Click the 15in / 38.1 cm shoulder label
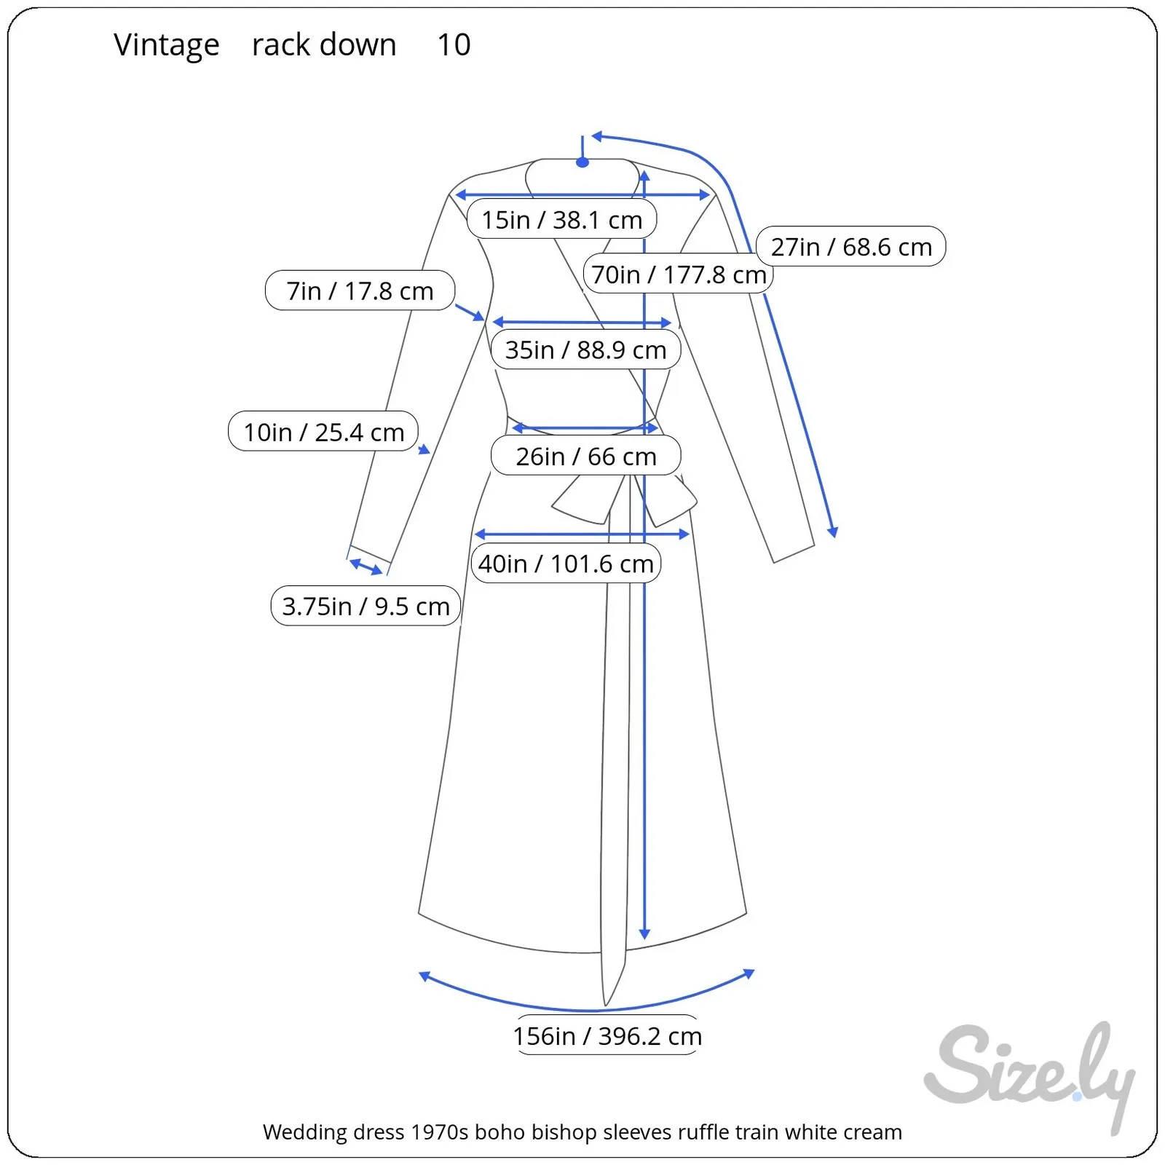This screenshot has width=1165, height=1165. point(561,219)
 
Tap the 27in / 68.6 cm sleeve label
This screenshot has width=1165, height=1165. point(850,247)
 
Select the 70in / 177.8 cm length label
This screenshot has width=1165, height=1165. point(678,275)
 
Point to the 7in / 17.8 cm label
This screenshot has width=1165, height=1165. point(360,291)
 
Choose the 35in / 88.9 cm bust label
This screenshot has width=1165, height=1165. point(585,349)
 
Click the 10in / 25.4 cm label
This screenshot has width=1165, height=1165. point(323,432)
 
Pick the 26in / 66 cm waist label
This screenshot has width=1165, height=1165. point(585,457)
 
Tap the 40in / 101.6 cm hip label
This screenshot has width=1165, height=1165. point(566,564)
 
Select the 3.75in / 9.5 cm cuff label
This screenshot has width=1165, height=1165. point(366,606)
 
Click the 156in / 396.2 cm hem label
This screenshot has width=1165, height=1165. point(607,1035)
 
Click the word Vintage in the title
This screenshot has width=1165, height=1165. point(166,45)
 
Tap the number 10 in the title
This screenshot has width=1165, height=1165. point(454,45)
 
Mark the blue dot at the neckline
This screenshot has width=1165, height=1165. point(582,162)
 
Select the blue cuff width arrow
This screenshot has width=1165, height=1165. point(366,566)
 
